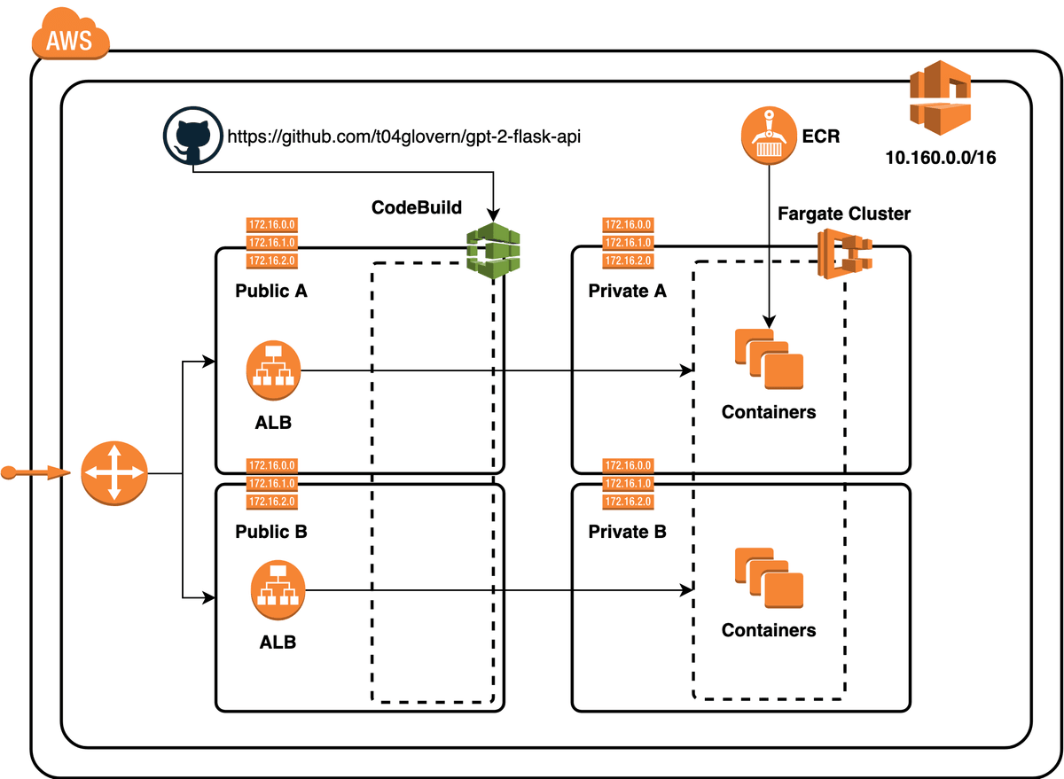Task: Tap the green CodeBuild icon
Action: click(x=494, y=251)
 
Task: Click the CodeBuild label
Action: click(x=417, y=208)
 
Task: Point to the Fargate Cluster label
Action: click(x=843, y=214)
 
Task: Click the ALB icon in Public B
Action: click(x=278, y=588)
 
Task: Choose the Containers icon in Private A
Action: click(x=769, y=359)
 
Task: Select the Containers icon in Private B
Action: click(x=769, y=579)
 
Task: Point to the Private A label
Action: click(x=627, y=291)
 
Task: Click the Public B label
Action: click(x=271, y=532)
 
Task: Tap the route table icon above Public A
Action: click(x=271, y=243)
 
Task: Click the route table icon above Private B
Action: click(x=628, y=484)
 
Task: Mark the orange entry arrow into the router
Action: click(x=35, y=473)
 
